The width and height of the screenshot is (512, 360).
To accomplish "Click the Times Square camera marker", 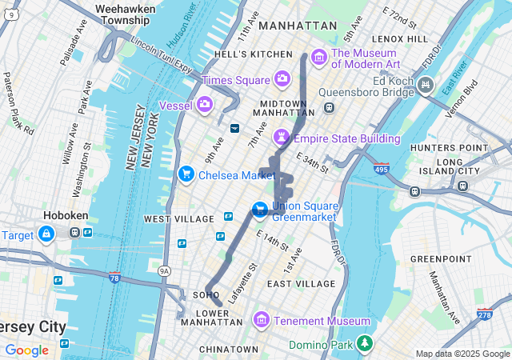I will pos(282,79).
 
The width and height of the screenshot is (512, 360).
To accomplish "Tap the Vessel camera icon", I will pos(205,104).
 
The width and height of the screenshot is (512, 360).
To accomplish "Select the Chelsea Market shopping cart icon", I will pos(186,174).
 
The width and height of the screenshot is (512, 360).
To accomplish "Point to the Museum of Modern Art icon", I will pos(319,56).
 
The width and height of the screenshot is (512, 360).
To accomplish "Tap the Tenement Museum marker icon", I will pos(260,321).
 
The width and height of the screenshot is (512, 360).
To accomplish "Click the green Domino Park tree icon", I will pos(365,343).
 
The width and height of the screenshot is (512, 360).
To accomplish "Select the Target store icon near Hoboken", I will pos(46,234).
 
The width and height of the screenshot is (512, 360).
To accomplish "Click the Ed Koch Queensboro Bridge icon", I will pos(425,84).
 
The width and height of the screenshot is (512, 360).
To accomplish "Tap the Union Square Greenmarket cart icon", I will pos(260,210).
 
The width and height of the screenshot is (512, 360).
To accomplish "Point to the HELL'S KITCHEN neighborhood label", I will pos(254,54).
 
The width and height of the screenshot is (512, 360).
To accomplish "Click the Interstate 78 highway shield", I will pos(115,277).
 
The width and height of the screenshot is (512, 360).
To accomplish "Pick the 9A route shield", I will pos(165,271).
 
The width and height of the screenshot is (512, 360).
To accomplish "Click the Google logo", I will pos(26,350).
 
